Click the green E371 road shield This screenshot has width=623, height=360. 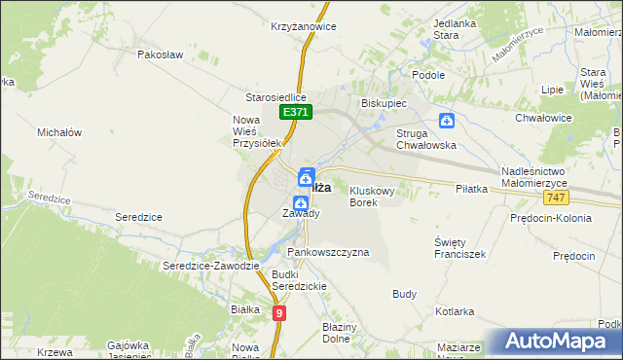(x=297, y=114)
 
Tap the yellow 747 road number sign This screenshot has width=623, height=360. (x=556, y=198)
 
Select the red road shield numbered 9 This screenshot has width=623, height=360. (x=279, y=312)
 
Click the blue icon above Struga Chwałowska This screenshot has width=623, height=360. (x=446, y=121)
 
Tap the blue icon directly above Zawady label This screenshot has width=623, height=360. (x=302, y=199)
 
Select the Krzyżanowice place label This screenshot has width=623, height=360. (x=305, y=27)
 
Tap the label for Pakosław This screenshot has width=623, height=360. (x=161, y=55)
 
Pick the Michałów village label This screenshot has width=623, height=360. (x=59, y=131)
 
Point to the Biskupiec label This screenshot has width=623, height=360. (x=384, y=102)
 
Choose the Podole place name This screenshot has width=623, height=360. (x=428, y=75)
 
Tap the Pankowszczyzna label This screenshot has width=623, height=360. (x=328, y=252)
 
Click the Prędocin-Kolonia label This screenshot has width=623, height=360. (x=550, y=218)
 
